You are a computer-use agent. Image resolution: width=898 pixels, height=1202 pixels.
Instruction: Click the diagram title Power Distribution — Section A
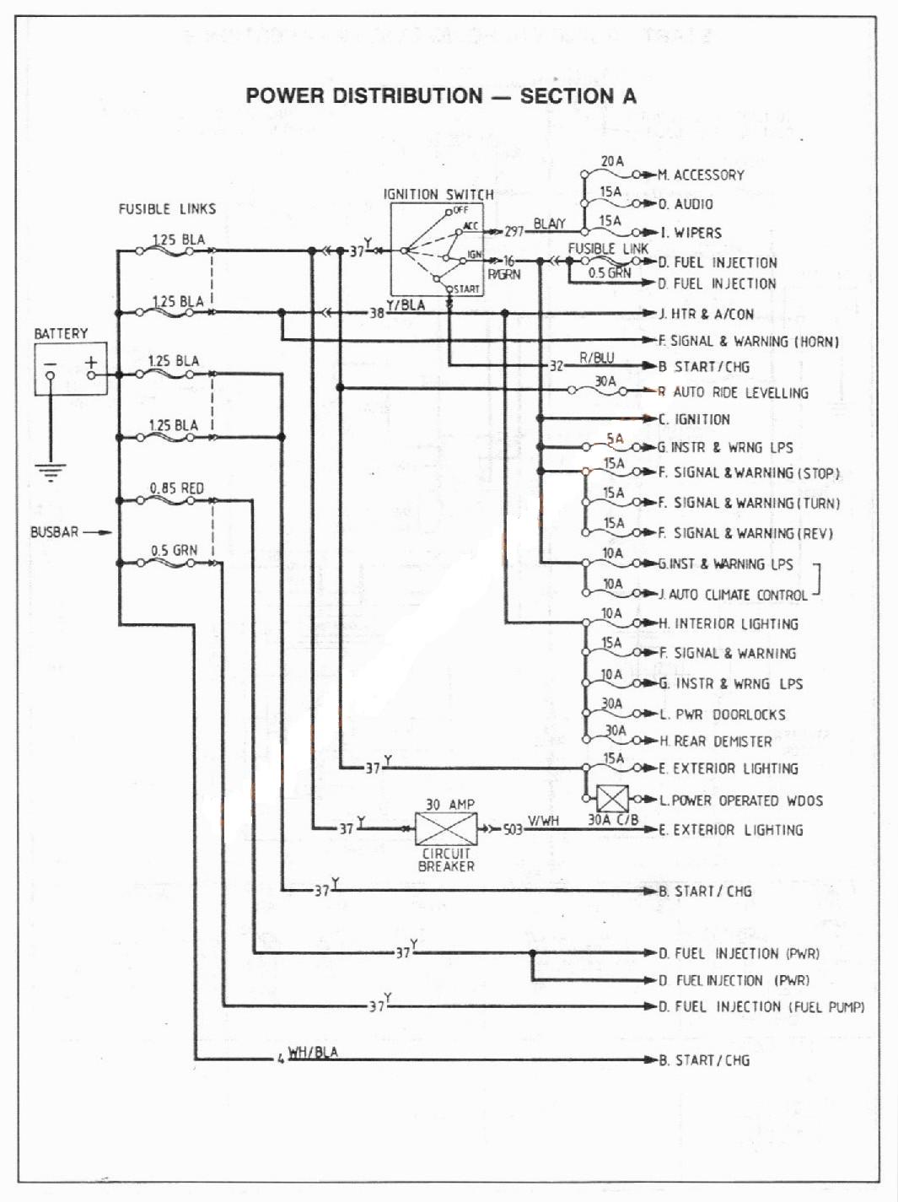pyautogui.click(x=441, y=96)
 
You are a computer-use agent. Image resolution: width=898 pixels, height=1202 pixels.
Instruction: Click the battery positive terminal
pyautogui.click(x=91, y=375)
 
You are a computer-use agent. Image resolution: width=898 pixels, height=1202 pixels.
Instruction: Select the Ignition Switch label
pyautogui.click(x=438, y=194)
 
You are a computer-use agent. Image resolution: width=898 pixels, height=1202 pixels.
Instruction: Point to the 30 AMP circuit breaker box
pyautogui.click(x=446, y=828)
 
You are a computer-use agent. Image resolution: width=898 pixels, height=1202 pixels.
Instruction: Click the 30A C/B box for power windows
pyautogui.click(x=612, y=799)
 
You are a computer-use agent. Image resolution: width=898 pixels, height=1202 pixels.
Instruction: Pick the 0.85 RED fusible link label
pyautogui.click(x=177, y=488)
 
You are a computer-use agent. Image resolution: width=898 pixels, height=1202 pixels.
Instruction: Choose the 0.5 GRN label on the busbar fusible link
pyautogui.click(x=174, y=550)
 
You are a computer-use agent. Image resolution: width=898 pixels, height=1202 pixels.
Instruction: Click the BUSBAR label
pyautogui.click(x=54, y=531)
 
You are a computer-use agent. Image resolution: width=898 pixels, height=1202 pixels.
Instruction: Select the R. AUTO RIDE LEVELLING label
pyautogui.click(x=734, y=392)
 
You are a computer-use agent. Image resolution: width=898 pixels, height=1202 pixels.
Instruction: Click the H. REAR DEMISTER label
pyautogui.click(x=716, y=741)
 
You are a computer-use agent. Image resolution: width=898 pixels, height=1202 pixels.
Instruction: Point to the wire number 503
pyautogui.click(x=513, y=830)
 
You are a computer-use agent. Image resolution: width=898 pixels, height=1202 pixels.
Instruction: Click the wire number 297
pyautogui.click(x=514, y=232)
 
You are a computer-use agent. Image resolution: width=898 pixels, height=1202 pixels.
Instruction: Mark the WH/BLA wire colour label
pyautogui.click(x=313, y=1052)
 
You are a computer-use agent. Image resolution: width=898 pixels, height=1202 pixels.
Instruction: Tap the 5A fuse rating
pyautogui.click(x=615, y=438)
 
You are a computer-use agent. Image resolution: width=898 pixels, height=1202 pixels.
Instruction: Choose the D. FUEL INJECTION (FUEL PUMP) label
pyautogui.click(x=761, y=1006)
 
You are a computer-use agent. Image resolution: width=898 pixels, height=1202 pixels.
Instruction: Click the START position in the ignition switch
pyautogui.click(x=466, y=288)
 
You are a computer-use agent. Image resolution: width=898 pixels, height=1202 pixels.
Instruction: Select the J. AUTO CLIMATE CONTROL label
pyautogui.click(x=734, y=595)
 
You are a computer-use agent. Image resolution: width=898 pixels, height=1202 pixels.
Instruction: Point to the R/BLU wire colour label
pyautogui.click(x=596, y=358)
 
